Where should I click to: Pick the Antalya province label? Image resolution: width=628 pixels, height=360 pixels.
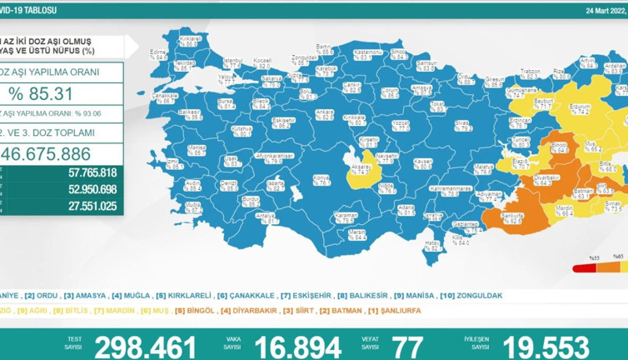pos(266,215)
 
